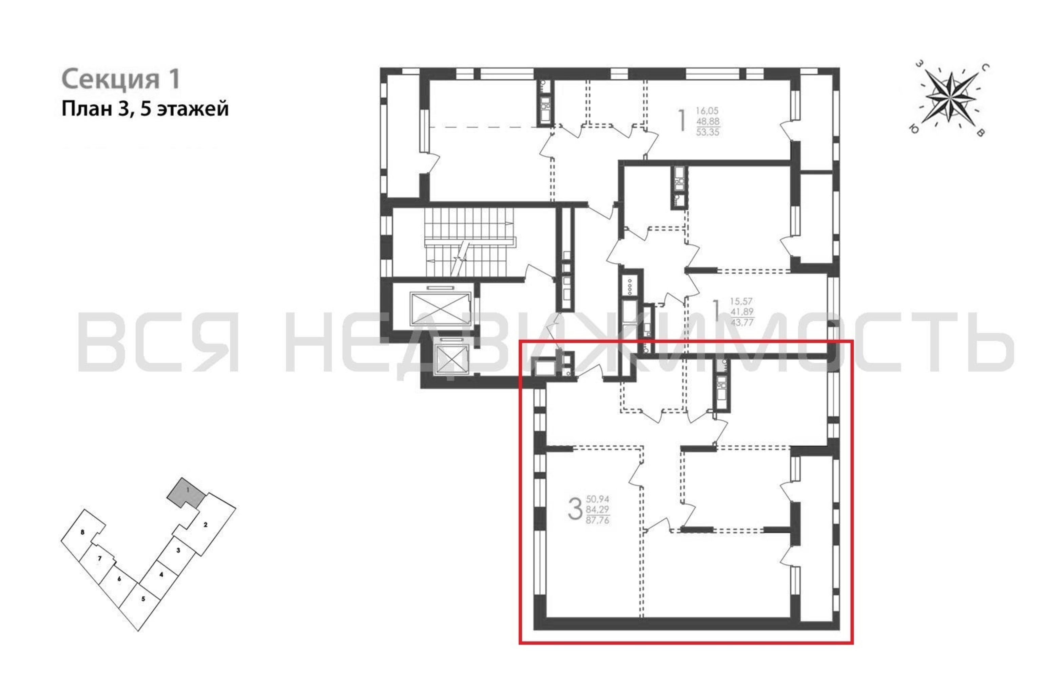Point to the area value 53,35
pyautogui.click(x=708, y=132)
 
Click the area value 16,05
pyautogui.click(x=708, y=111)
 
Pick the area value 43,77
pyautogui.click(x=742, y=322)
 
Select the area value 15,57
pyautogui.click(x=741, y=301)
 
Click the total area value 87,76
pyautogui.click(x=597, y=520)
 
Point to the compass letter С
pyautogui.click(x=986, y=67)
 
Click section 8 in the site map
pyautogui.click(x=83, y=532)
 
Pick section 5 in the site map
pyautogui.click(x=143, y=600)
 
